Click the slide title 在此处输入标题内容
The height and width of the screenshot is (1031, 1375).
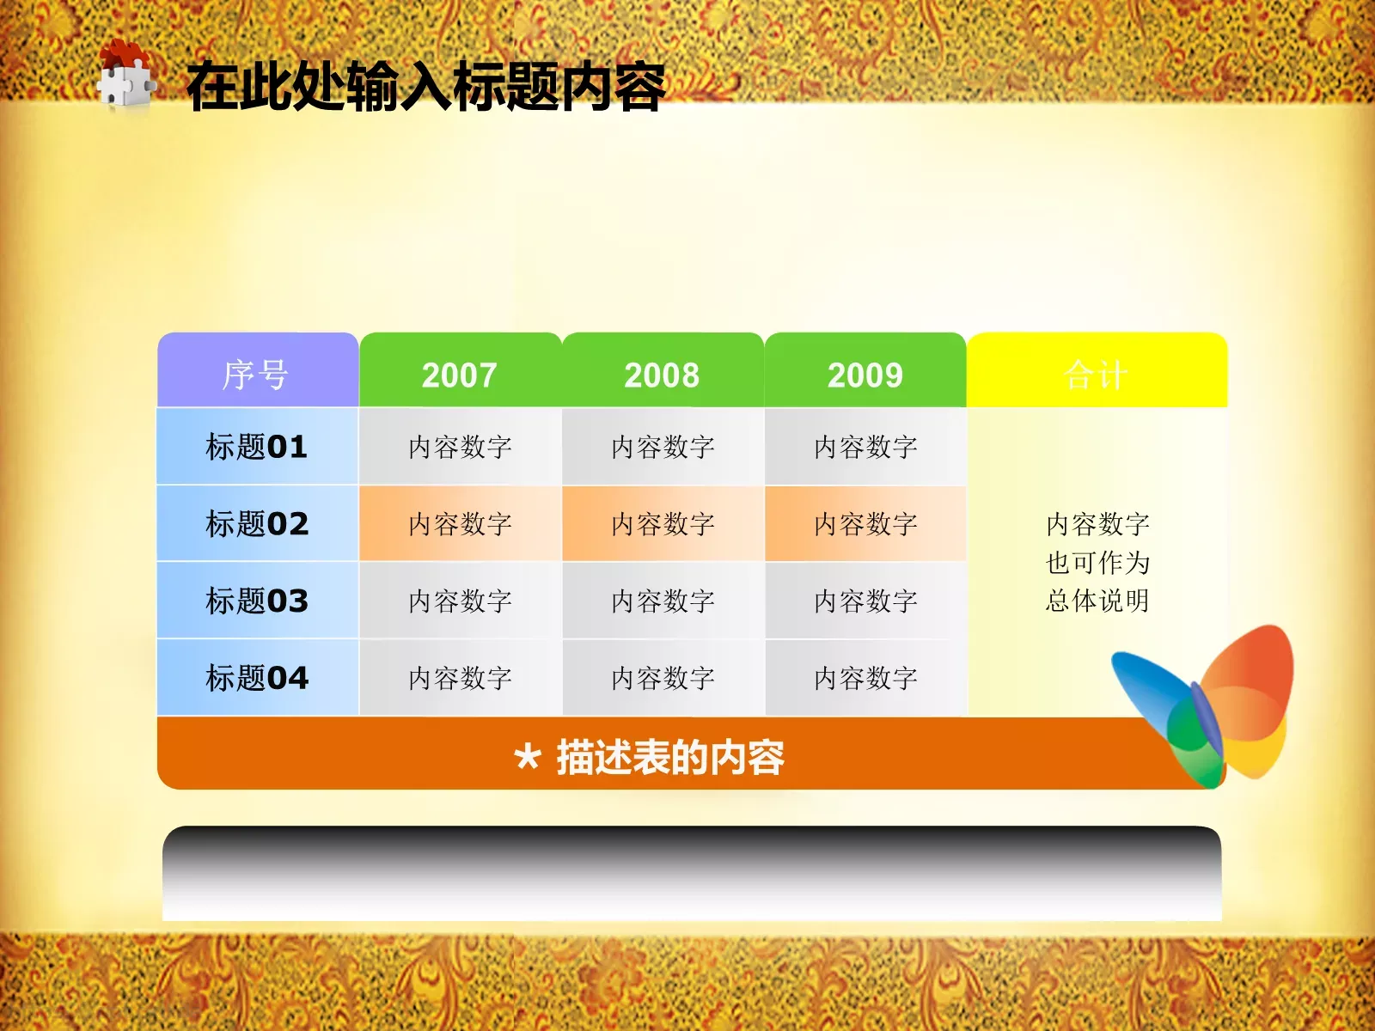point(425,87)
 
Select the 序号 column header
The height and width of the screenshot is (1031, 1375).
point(256,375)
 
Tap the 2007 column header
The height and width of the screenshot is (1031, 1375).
point(460,375)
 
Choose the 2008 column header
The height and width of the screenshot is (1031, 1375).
point(662,375)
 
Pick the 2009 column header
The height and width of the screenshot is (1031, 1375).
point(865,375)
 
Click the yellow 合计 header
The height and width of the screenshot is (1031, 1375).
point(1096,375)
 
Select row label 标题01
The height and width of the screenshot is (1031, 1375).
point(256,447)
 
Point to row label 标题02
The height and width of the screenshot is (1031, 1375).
point(256,523)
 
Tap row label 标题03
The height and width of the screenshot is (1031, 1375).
point(256,601)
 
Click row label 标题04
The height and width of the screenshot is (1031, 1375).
point(256,678)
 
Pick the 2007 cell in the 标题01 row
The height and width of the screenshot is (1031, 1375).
point(460,447)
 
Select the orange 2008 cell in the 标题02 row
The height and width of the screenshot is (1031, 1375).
point(663,523)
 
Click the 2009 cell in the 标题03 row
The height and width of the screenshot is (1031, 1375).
point(865,601)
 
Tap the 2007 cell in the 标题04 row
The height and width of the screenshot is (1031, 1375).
point(460,678)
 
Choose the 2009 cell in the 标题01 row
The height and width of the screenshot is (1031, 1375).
point(865,447)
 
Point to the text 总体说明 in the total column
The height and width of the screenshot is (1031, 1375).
point(1097,601)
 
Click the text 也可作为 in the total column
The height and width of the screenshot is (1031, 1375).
point(1097,563)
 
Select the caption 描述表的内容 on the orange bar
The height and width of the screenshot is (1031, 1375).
point(669,758)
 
